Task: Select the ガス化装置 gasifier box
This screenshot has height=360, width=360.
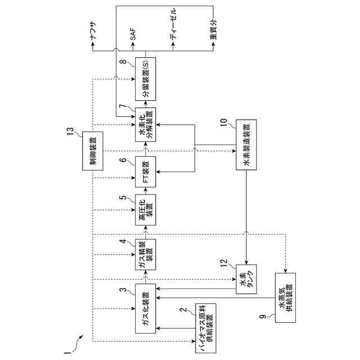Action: click(x=145, y=311)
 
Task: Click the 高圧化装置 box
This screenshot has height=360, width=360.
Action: click(x=145, y=209)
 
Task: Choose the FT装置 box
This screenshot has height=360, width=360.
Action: click(x=145, y=171)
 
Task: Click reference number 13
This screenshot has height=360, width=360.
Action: click(x=71, y=132)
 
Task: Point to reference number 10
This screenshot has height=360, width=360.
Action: click(x=223, y=122)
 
